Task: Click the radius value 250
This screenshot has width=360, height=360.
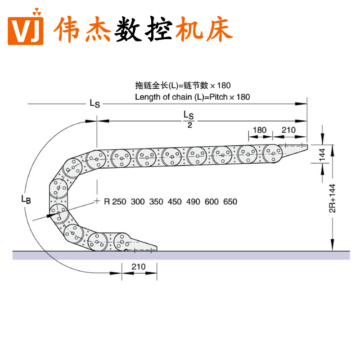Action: (x=119, y=202)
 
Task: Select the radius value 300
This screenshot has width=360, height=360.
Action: (x=138, y=202)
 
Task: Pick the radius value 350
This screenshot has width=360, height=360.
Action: (x=156, y=202)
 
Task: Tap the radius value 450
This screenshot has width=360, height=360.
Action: (x=175, y=202)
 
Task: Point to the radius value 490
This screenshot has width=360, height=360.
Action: (x=193, y=202)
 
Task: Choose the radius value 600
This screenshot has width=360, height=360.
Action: (x=211, y=202)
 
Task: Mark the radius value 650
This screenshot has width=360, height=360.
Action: (x=230, y=202)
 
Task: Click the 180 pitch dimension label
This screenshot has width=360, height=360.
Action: (x=259, y=130)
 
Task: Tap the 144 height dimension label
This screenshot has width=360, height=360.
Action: (x=322, y=154)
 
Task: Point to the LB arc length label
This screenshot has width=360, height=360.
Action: (x=26, y=199)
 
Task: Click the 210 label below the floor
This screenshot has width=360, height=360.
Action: (x=139, y=266)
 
